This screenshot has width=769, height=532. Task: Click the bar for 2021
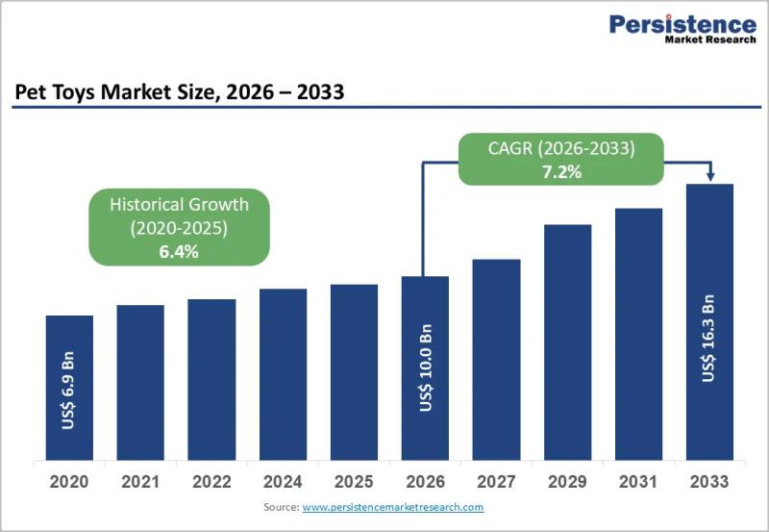pyautogui.click(x=140, y=382)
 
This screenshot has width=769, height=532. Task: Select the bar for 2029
pyautogui.click(x=567, y=342)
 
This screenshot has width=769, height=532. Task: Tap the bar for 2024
pyautogui.click(x=283, y=374)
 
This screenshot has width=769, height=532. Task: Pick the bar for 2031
pyautogui.click(x=638, y=334)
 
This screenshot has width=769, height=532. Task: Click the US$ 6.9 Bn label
pyautogui.click(x=68, y=391)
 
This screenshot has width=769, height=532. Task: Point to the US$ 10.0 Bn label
pyautogui.click(x=426, y=367)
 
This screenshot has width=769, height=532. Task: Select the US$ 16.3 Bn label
pyautogui.click(x=708, y=338)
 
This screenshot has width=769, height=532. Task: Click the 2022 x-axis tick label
pyautogui.click(x=211, y=482)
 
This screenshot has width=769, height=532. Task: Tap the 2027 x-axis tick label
pyautogui.click(x=496, y=482)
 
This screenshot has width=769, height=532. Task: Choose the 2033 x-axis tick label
pyautogui.click(x=709, y=482)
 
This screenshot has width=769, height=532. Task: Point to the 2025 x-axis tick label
pyautogui.click(x=354, y=482)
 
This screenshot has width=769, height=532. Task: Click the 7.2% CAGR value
pyautogui.click(x=561, y=172)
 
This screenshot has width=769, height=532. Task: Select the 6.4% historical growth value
pyautogui.click(x=179, y=252)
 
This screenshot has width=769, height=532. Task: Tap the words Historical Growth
pyautogui.click(x=179, y=204)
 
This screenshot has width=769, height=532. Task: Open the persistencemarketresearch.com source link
pyautogui.click(x=393, y=507)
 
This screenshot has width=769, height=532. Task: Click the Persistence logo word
pyautogui.click(x=682, y=24)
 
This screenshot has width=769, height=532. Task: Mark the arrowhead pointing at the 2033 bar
pyautogui.click(x=710, y=176)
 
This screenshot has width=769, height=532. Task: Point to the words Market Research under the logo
pyautogui.click(x=710, y=39)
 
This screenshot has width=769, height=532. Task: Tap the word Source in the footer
pyautogui.click(x=281, y=507)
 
